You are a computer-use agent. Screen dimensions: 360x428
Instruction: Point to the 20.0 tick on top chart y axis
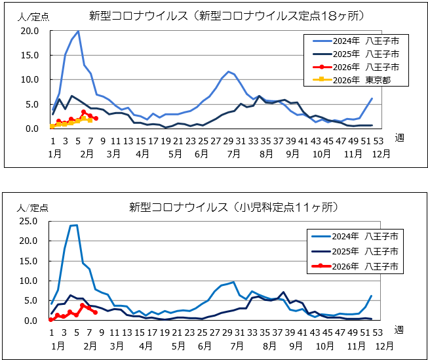click(29, 30)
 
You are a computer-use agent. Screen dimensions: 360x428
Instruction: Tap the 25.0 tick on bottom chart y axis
click(29, 221)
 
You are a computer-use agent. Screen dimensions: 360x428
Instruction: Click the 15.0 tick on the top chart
click(29, 55)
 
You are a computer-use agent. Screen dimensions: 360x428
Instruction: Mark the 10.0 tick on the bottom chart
click(29, 281)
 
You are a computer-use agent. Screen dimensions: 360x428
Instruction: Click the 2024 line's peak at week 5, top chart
click(78, 31)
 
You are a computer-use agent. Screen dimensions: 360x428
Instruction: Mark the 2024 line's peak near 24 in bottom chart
click(75, 225)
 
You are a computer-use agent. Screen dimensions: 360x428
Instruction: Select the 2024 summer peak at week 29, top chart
click(228, 71)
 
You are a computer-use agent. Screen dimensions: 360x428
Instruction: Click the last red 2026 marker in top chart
click(96, 119)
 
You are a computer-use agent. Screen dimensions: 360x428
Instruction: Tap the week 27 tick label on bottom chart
click(215, 332)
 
